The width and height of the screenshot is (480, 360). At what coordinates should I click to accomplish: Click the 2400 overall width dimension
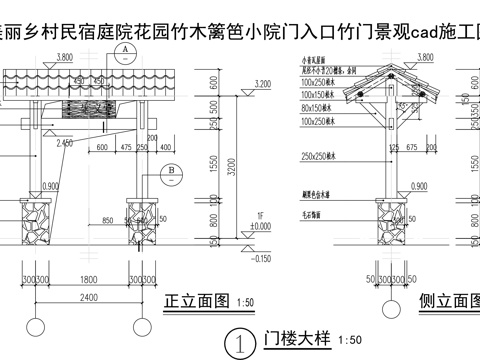click(x=90, y=297)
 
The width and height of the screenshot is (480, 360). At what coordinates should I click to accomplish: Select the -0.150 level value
click(x=262, y=258)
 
